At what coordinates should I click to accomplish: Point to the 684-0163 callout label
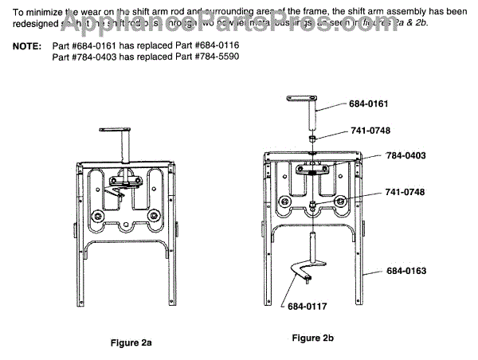pyautogui.click(x=407, y=271)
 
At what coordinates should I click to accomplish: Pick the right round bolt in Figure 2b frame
pyautogui.click(x=341, y=202)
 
